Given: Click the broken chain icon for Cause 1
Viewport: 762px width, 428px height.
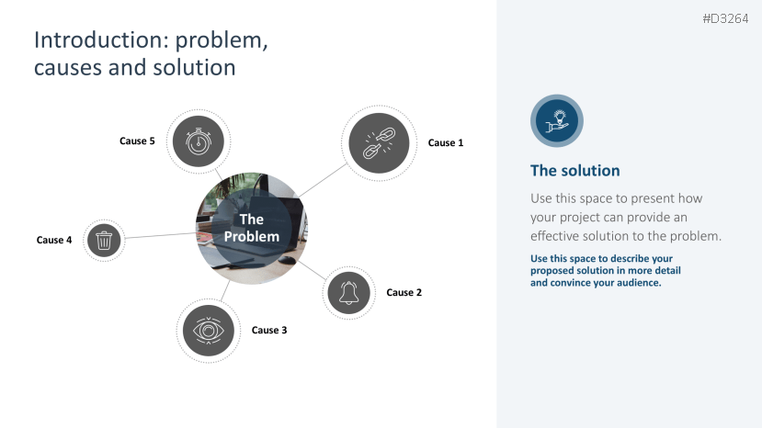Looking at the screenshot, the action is (379, 143).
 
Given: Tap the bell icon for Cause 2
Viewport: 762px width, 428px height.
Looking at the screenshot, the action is (349, 292).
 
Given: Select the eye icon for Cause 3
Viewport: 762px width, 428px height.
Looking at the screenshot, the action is (209, 331).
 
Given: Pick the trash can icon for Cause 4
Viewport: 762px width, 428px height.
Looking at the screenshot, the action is (104, 240).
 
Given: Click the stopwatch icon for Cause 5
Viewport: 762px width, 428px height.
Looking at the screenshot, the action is (199, 141).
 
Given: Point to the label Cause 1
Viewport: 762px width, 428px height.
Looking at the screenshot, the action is (446, 143).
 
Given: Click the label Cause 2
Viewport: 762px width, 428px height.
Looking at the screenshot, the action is (404, 292).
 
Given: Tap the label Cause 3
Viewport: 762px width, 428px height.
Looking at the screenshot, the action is (269, 331).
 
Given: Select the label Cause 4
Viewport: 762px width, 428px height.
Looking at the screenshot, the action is (54, 240).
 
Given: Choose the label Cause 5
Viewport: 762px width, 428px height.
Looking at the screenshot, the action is (137, 141).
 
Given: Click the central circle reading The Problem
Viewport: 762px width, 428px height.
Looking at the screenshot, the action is (252, 228).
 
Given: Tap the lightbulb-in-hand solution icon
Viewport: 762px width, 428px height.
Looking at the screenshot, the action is (557, 120).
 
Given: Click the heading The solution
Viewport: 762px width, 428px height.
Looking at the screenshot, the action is (574, 171).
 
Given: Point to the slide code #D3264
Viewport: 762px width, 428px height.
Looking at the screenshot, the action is (725, 19).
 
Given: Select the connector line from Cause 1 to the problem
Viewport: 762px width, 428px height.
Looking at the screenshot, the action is (323, 180).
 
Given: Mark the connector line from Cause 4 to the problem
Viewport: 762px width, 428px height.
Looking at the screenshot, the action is (161, 236).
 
